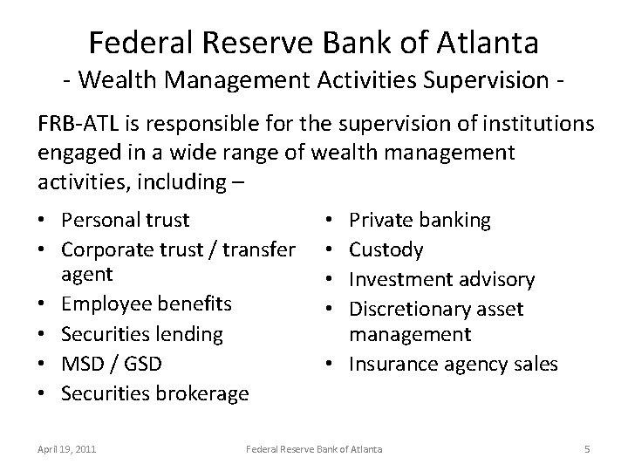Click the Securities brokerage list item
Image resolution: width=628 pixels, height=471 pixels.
click(154, 393)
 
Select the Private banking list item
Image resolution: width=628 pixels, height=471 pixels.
click(420, 220)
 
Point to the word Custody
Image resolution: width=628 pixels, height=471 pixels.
click(386, 250)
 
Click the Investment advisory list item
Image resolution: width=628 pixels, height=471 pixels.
click(441, 279)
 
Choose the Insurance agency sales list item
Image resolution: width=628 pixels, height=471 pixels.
click(453, 364)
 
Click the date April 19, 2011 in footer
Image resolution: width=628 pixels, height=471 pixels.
click(67, 449)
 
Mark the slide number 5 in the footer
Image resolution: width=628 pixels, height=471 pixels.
click(587, 449)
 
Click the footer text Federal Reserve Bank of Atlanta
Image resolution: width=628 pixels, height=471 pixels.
click(314, 449)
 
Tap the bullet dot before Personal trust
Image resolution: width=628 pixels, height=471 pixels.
click(44, 221)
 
